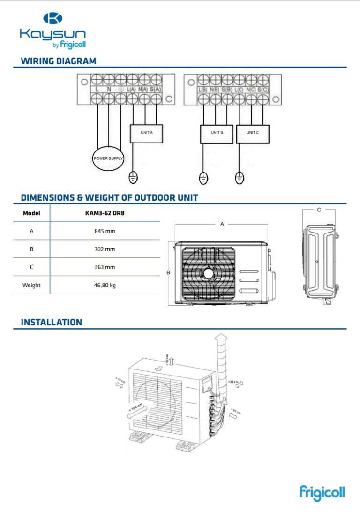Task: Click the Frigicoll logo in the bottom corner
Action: pos(322,492)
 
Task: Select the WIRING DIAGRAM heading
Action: pos(59,61)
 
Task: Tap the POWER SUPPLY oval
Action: pos(108,158)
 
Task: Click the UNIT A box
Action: pos(146,133)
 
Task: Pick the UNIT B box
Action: pos(217,133)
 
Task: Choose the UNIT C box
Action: pos(253,133)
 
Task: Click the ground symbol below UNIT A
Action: pos(133,178)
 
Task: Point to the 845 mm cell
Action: pos(105,231)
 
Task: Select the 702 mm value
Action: pos(105,249)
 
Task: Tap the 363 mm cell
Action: pos(105,267)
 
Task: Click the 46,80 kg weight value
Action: pos(105,285)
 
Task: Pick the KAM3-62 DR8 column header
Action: pos(105,213)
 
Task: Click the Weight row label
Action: pos(31,285)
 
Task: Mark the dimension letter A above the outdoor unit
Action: pos(222,224)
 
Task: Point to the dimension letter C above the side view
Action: pos(319,210)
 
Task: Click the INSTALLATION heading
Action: pos(52,323)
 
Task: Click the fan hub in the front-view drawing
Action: pos(208,273)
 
